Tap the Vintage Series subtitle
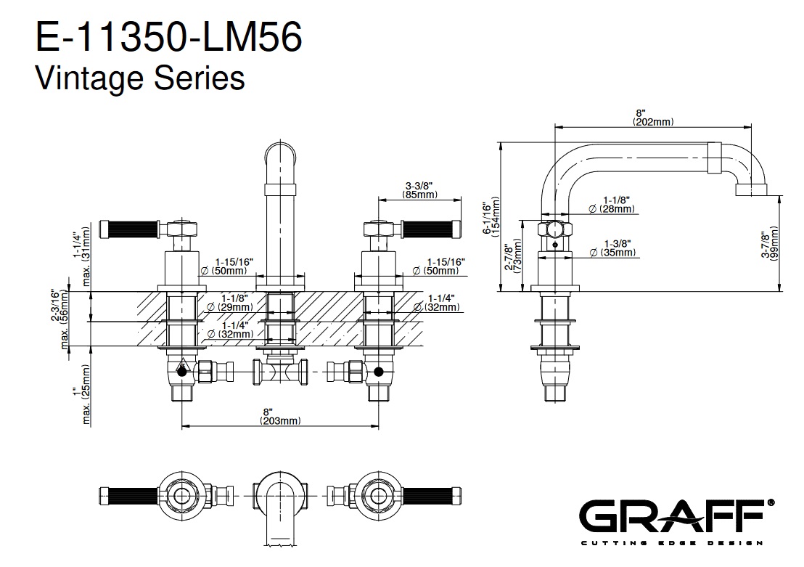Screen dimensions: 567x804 pyautogui.click(x=140, y=77)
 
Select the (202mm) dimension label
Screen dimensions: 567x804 pyautogui.click(x=654, y=123)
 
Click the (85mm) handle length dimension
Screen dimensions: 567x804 pyautogui.click(x=420, y=195)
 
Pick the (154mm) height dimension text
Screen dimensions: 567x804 pyautogui.click(x=496, y=216)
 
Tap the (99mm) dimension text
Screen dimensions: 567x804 pyautogui.click(x=774, y=247)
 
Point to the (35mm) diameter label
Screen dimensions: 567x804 pyautogui.click(x=615, y=253)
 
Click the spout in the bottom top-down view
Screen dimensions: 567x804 pyautogui.click(x=280, y=508)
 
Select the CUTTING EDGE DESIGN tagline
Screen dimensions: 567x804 pyautogui.click(x=672, y=543)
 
